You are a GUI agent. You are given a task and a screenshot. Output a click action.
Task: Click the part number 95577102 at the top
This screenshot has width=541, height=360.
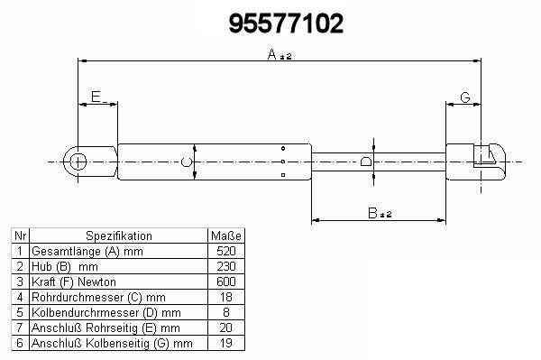pos(286,23)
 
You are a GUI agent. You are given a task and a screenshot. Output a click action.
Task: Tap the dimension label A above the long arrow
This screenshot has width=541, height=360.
pos(272,54)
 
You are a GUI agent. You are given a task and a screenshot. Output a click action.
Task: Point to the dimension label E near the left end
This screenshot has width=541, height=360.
pos(96,97)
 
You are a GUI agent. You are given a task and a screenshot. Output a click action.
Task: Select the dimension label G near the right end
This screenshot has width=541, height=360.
pos(465,97)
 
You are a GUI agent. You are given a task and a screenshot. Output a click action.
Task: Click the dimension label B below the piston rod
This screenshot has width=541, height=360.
pos(372,213)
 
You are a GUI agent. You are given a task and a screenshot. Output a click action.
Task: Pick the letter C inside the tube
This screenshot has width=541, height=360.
pos(187,162)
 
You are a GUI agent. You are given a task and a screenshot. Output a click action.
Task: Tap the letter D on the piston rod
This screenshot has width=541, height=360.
pos(366,162)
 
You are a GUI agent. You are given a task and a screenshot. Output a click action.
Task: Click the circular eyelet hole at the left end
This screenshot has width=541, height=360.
pos(78,162)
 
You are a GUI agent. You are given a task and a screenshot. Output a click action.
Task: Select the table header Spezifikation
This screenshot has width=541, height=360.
pos(119,236)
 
